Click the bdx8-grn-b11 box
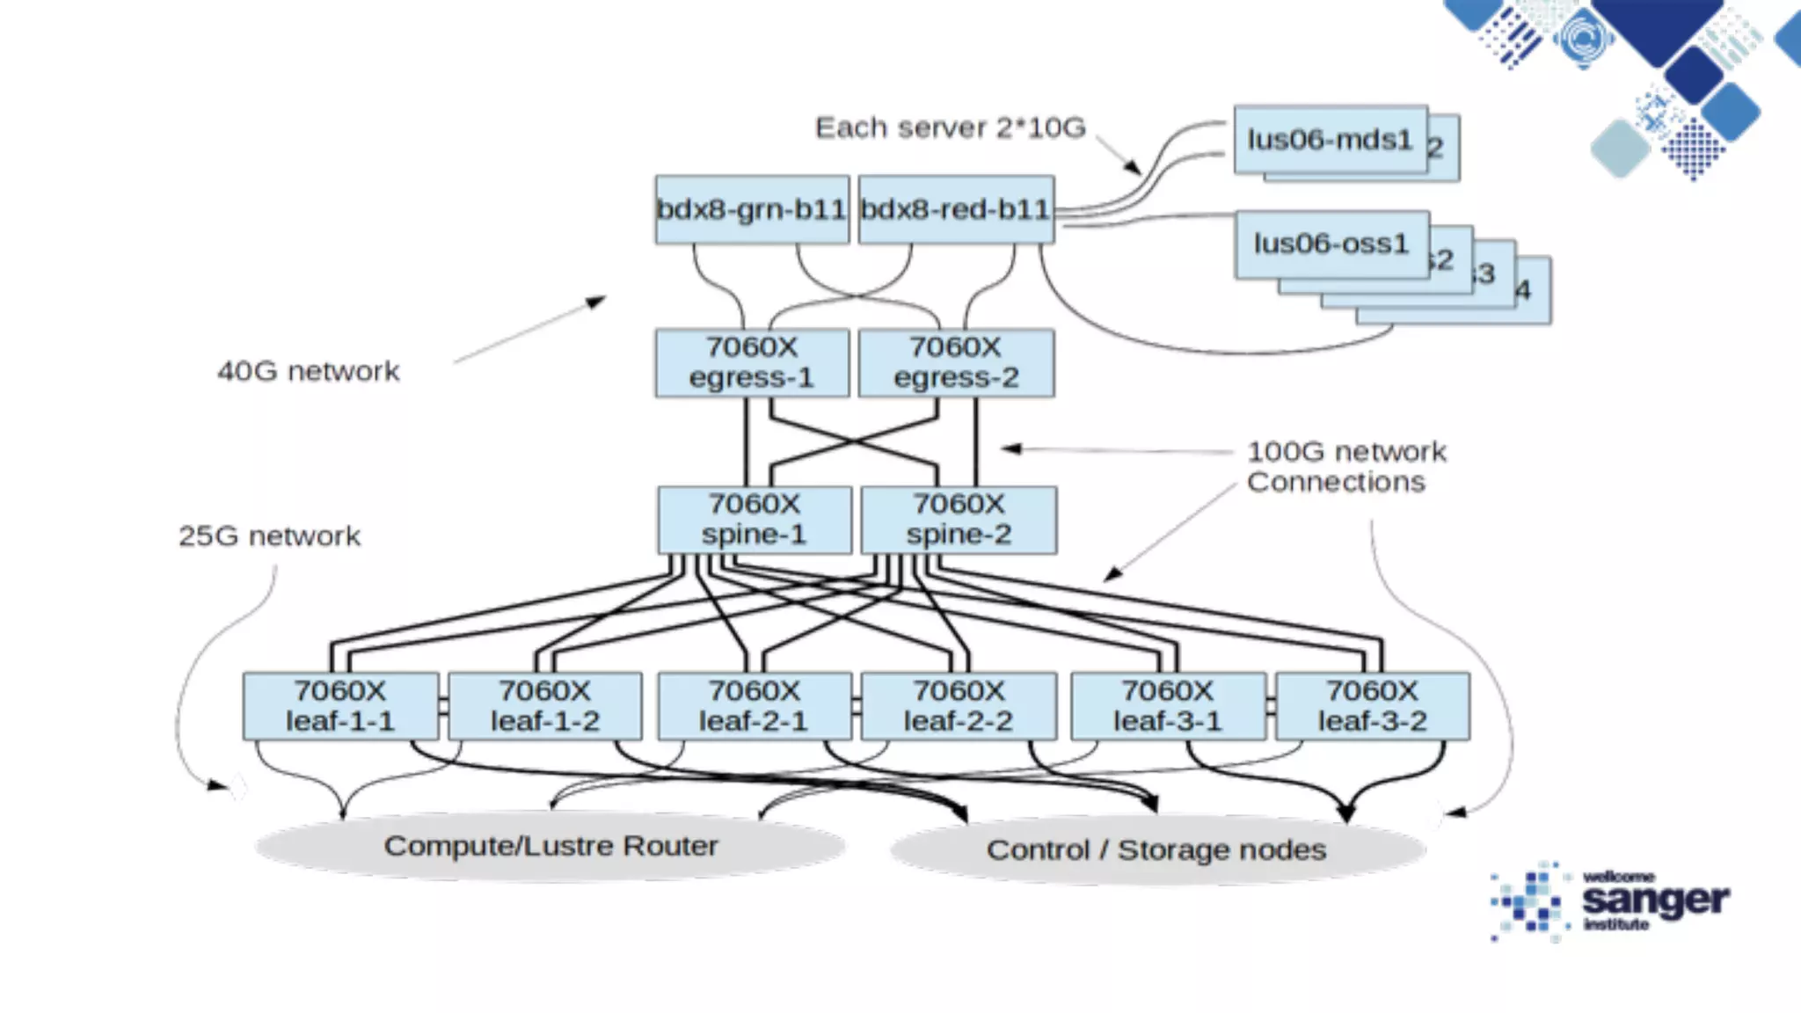[x=752, y=209]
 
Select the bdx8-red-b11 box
[x=956, y=209]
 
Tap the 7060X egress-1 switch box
[x=752, y=362]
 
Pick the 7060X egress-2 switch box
[x=956, y=362]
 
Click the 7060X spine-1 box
[x=754, y=520]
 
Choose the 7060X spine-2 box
[x=959, y=520]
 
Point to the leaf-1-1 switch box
[x=340, y=706]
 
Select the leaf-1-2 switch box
[x=545, y=706]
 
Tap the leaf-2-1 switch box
[x=754, y=706]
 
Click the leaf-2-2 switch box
[x=959, y=706]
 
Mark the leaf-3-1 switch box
[x=1168, y=706]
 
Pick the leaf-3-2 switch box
[x=1372, y=706]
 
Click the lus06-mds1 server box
[x=1330, y=140]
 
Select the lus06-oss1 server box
[x=1331, y=244]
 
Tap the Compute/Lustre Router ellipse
[x=551, y=846]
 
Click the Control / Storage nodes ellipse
[x=1156, y=850]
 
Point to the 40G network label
[x=308, y=371]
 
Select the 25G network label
[x=269, y=536]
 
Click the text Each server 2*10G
[x=950, y=128]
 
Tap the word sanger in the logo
[x=1655, y=900]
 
